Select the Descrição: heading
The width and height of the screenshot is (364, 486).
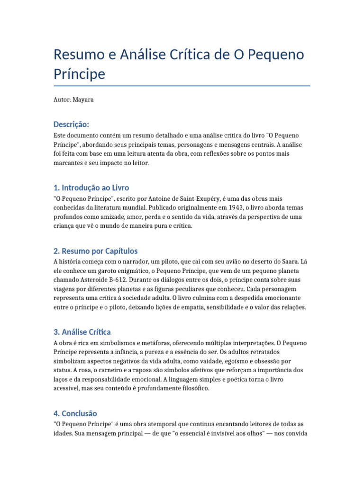coord(71,124)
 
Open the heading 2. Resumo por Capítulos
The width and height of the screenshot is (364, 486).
coord(96,251)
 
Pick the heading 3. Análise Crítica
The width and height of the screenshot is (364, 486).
coord(82,332)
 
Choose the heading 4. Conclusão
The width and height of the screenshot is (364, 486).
coord(75,413)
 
